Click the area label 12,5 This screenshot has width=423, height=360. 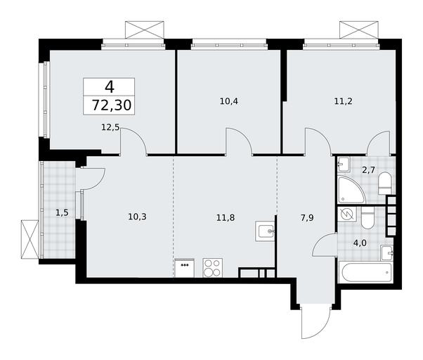[x=110, y=127]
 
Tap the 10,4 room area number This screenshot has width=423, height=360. [x=229, y=101]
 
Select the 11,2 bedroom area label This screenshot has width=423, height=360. [x=343, y=101]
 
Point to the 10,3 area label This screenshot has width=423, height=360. [x=137, y=217]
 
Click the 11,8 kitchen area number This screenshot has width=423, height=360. [x=226, y=217]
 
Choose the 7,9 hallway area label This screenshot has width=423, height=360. [x=307, y=217]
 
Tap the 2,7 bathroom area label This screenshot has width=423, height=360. [x=369, y=171]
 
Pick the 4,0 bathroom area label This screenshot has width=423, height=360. [x=360, y=243]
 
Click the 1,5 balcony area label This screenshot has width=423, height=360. [x=62, y=213]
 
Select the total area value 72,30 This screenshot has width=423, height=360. [x=112, y=105]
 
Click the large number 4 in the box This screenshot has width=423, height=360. [x=110, y=87]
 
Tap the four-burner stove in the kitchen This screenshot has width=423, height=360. [x=213, y=268]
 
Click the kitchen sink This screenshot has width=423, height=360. [x=265, y=231]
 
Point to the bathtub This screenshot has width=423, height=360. [x=365, y=271]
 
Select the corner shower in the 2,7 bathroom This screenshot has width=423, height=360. [x=351, y=190]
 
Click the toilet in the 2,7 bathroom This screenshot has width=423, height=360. [x=385, y=184]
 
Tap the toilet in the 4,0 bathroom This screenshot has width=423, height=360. [x=367, y=218]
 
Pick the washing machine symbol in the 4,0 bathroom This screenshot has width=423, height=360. [x=347, y=214]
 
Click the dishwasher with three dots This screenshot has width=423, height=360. [x=185, y=268]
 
